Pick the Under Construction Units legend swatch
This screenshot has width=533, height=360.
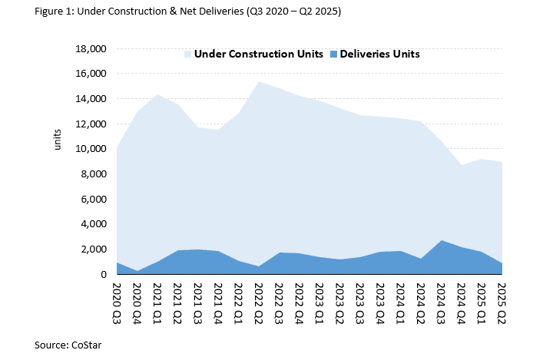tap(187, 54)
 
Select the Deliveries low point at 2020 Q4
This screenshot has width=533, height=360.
tap(137, 271)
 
